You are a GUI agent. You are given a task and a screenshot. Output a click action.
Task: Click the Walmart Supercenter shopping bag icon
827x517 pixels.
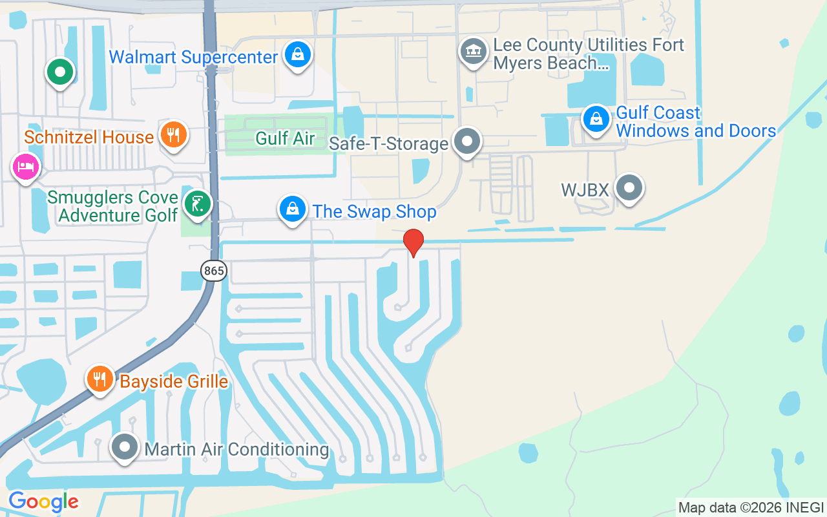point(297,55)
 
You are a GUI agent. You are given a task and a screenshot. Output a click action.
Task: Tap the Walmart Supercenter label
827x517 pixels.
point(193,57)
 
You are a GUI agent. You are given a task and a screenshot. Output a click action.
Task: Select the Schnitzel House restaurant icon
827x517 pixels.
point(173,134)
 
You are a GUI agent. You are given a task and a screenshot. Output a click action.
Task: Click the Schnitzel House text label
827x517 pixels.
point(89,137)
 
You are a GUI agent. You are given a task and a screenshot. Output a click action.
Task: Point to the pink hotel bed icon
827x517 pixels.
point(26,167)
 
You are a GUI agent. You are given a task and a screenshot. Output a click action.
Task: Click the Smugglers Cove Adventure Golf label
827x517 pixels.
point(113,206)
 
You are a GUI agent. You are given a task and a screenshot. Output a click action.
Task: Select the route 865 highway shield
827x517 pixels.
point(213,271)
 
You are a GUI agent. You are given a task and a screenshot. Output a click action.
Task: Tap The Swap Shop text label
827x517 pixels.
point(375,212)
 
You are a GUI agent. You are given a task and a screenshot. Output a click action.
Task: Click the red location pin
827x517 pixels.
point(413,242)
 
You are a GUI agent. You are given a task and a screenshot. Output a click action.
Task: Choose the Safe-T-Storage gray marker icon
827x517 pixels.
point(467,140)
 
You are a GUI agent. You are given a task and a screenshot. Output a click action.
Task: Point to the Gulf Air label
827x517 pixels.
point(285,138)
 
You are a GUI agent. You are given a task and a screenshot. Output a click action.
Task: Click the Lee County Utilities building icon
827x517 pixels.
point(473,51)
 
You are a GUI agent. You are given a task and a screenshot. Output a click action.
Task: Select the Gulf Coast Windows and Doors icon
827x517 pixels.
point(596,119)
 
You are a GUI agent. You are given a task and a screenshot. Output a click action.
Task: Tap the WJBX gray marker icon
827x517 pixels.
point(629,188)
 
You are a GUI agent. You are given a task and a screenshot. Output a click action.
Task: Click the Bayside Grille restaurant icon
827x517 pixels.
point(99,379)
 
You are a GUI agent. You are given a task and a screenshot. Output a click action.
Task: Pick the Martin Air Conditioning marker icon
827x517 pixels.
point(124,447)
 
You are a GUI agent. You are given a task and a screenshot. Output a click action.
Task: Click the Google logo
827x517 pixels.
point(43,501)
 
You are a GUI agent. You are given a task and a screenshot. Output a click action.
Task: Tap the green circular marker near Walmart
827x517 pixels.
point(60,72)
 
